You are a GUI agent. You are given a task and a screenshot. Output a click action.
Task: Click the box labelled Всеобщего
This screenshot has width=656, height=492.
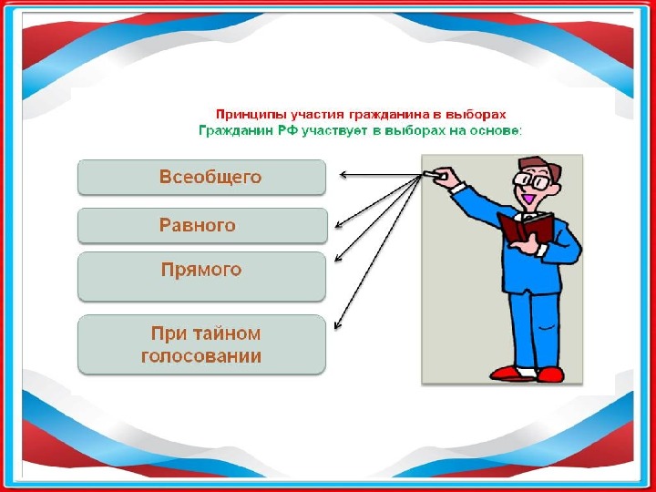coord(201,177)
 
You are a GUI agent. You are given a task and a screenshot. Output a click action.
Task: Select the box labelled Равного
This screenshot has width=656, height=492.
coord(202,226)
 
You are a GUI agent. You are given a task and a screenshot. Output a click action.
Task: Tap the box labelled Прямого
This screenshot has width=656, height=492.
coord(201,276)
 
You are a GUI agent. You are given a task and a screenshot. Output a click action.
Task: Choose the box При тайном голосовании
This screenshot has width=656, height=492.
coord(201,344)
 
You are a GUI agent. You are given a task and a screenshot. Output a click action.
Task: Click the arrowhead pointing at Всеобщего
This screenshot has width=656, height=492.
coord(343,174)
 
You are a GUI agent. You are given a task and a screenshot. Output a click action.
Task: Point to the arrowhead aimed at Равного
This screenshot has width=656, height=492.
coord(338,225)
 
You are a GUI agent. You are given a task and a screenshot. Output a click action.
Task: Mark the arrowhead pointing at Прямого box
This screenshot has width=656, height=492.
coord(338,258)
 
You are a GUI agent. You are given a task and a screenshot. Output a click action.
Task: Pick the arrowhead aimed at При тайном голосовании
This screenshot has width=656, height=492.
coord(337,324)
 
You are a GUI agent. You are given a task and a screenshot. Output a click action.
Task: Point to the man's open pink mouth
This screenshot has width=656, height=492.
coord(528,199)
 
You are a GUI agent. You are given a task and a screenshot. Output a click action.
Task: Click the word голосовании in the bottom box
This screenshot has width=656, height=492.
coord(201,356)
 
